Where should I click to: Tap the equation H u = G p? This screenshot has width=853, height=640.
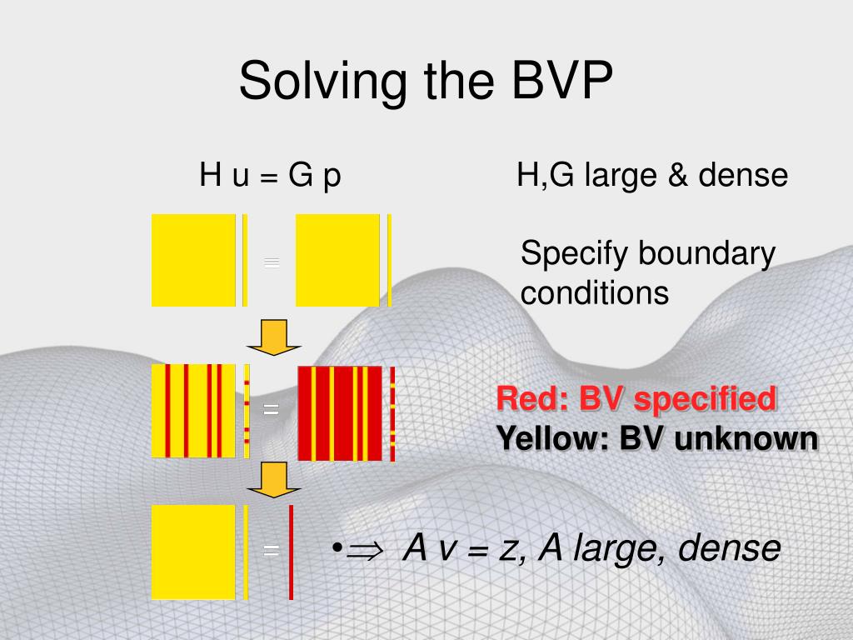[x=270, y=176]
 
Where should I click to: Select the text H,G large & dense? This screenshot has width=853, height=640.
[x=651, y=176]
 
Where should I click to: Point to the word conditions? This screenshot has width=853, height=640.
[x=594, y=292]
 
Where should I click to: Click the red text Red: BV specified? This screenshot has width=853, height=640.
[x=636, y=399]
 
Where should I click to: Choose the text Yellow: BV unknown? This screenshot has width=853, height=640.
[x=656, y=438]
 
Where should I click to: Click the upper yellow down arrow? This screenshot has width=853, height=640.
[x=272, y=337]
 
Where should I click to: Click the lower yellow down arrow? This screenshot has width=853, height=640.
[x=272, y=479]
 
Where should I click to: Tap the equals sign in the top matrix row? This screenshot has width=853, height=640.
[x=271, y=262]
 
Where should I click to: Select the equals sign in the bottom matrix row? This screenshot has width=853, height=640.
[x=271, y=550]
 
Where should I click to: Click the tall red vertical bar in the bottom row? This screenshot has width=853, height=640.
[x=291, y=552]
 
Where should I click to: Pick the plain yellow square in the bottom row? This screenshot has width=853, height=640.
[x=193, y=552]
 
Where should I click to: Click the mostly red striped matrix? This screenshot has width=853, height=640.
[x=339, y=412]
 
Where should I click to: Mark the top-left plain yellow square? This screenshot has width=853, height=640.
[x=193, y=260]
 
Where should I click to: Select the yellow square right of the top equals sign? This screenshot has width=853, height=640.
[x=337, y=260]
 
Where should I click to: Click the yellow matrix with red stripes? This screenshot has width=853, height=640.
[x=193, y=411]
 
